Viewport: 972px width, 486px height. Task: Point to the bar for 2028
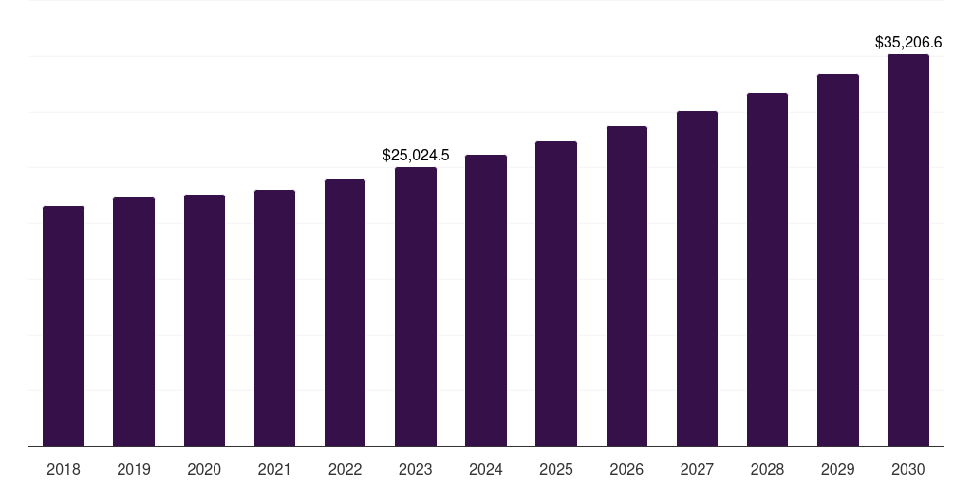[767, 270]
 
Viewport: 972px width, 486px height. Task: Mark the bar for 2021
[274, 318]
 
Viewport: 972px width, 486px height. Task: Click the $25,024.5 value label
[416, 155]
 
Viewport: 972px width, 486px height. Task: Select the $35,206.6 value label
[908, 42]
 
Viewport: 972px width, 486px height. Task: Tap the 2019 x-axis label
[134, 469]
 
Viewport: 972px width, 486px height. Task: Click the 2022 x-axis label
[346, 469]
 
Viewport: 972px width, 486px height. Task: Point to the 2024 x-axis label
[486, 469]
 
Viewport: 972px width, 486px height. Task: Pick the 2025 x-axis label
[556, 469]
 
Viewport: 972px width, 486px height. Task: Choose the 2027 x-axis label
[697, 469]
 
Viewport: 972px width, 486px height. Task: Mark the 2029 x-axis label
[838, 469]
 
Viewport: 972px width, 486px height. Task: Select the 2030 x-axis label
[908, 469]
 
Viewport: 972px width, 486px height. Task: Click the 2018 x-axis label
[64, 469]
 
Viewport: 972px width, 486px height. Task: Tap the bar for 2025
[556, 293]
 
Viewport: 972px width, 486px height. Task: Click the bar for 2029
[838, 260]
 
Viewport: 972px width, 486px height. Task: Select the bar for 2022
[346, 312]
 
